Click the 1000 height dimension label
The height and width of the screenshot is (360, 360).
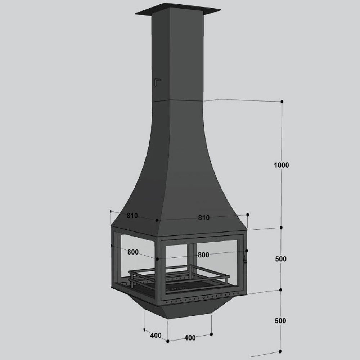[282, 165]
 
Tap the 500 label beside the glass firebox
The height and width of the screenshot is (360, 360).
[281, 259]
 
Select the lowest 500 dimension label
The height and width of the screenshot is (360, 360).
[280, 320]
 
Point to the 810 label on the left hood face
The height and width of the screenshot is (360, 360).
[132, 216]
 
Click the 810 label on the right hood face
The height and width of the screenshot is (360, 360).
[204, 217]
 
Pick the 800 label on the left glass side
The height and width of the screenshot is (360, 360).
[133, 252]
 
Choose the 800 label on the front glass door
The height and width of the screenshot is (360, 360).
[203, 255]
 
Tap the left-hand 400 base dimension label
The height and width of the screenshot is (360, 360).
[156, 336]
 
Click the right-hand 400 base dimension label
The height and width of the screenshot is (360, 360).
[190, 338]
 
